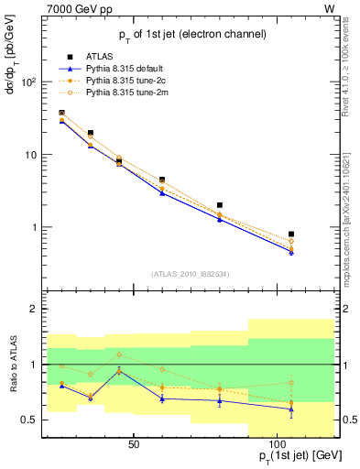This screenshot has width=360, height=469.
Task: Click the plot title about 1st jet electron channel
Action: click(x=191, y=34)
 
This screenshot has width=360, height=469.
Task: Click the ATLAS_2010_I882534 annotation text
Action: click(x=191, y=273)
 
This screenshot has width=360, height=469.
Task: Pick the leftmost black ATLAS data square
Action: click(x=62, y=113)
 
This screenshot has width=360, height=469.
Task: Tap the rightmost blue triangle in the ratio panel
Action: click(x=291, y=409)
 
